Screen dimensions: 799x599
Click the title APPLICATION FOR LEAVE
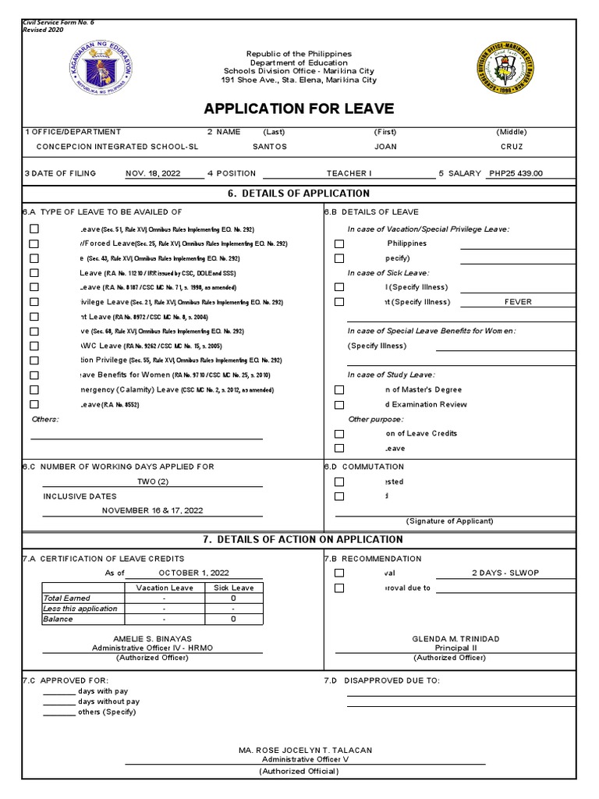click(299, 108)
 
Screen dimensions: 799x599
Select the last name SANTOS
click(270, 147)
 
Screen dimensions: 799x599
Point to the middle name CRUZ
click(512, 147)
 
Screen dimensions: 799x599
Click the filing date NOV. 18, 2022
click(154, 174)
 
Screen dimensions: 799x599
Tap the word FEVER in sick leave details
click(518, 302)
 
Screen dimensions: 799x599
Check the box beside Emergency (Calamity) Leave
click(34, 390)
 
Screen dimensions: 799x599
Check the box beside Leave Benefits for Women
click(34, 375)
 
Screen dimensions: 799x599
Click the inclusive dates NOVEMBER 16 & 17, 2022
click(153, 510)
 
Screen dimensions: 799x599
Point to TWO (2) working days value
click(153, 481)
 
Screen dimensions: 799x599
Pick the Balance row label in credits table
click(58, 619)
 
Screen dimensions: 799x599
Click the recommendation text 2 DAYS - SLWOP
click(505, 573)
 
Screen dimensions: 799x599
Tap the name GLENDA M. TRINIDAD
click(455, 639)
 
